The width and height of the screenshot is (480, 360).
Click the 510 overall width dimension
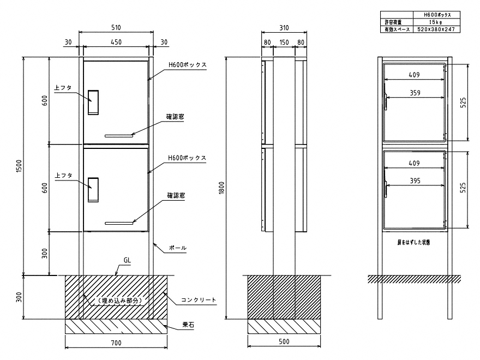(116, 28)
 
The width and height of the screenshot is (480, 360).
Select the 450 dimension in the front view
(116, 42)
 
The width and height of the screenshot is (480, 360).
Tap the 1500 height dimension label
(19, 166)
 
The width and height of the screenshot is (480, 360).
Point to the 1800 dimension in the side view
(221, 187)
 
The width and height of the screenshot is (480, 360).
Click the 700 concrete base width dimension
(116, 343)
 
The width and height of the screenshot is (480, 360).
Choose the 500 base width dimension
(284, 341)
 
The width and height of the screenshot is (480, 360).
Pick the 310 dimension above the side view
(284, 28)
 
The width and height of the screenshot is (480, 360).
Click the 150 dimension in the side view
(284, 42)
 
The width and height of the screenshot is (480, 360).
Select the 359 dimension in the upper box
(415, 93)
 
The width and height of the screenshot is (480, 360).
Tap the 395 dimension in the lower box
(415, 181)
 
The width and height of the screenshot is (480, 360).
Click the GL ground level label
(127, 260)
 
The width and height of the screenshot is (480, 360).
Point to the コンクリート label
(199, 300)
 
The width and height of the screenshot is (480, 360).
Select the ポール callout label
(178, 248)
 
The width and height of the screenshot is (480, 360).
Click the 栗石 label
(188, 325)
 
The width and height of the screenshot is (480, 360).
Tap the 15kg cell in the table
(436, 22)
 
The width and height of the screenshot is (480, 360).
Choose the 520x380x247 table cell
(436, 29)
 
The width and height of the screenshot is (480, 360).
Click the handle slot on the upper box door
(93, 102)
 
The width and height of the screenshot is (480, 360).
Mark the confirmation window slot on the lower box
(119, 223)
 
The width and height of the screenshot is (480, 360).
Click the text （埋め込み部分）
(120, 301)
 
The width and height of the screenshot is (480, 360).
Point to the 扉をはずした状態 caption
(413, 242)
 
